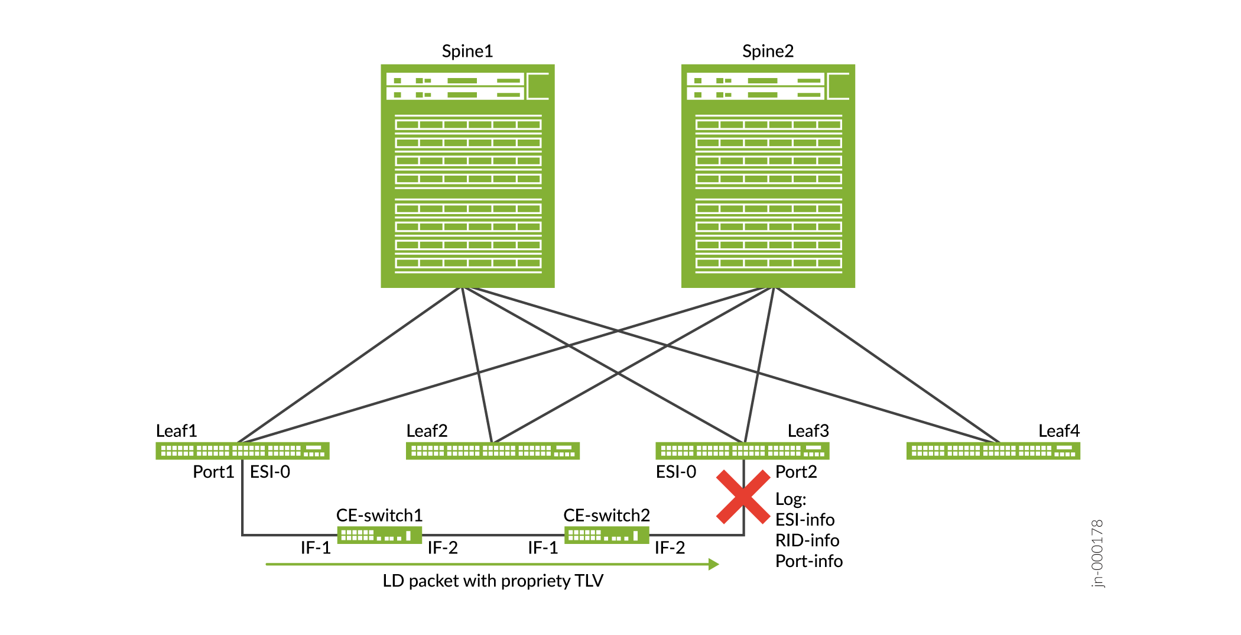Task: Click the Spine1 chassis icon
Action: pyautogui.click(x=467, y=176)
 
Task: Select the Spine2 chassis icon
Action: pyautogui.click(x=768, y=176)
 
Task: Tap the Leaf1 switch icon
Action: pyautogui.click(x=242, y=451)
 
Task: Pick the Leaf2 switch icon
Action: pyautogui.click(x=492, y=451)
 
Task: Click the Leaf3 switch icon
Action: pyautogui.click(x=742, y=451)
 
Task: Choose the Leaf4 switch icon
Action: pyautogui.click(x=993, y=451)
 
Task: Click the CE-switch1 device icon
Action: pyautogui.click(x=379, y=535)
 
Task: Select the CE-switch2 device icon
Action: pyautogui.click(x=607, y=535)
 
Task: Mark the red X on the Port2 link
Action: pyautogui.click(x=743, y=497)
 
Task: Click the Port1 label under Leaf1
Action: pyautogui.click(x=213, y=472)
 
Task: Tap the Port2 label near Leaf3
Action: pyautogui.click(x=796, y=472)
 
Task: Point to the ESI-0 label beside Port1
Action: pyautogui.click(x=270, y=472)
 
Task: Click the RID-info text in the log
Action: pyautogui.click(x=807, y=540)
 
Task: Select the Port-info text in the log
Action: pyautogui.click(x=809, y=561)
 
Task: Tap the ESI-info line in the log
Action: pyautogui.click(x=805, y=520)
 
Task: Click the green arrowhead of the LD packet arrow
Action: pyautogui.click(x=714, y=564)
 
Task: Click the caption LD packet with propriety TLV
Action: pyautogui.click(x=493, y=581)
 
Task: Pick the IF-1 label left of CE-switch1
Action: pyautogui.click(x=316, y=548)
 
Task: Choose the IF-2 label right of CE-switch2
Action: pyautogui.click(x=670, y=548)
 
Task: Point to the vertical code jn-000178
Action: pyautogui.click(x=1097, y=553)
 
